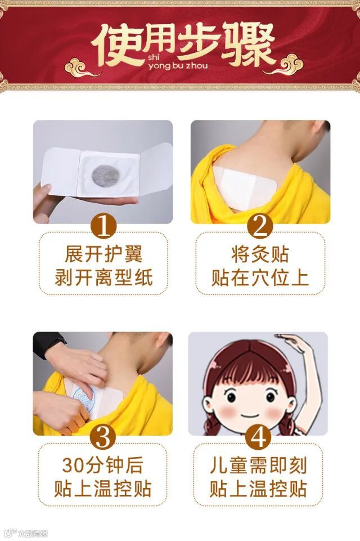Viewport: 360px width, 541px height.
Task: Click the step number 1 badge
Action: pyautogui.click(x=103, y=226)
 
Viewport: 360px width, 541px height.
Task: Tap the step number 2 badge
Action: pyautogui.click(x=260, y=226)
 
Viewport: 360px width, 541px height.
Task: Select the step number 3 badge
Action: pyautogui.click(x=103, y=437)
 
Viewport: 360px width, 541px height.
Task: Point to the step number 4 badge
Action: pyautogui.click(x=259, y=437)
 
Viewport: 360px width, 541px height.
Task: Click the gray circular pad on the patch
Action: pyautogui.click(x=106, y=175)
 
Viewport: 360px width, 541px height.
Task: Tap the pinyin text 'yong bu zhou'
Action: pyautogui.click(x=178, y=65)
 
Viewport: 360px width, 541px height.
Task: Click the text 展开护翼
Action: pyautogui.click(x=103, y=254)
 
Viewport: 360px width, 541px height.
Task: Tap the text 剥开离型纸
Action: pyautogui.click(x=103, y=278)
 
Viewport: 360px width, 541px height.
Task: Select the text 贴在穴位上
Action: pyautogui.click(x=260, y=278)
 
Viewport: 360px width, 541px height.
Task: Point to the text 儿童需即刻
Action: pyautogui.click(x=258, y=465)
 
